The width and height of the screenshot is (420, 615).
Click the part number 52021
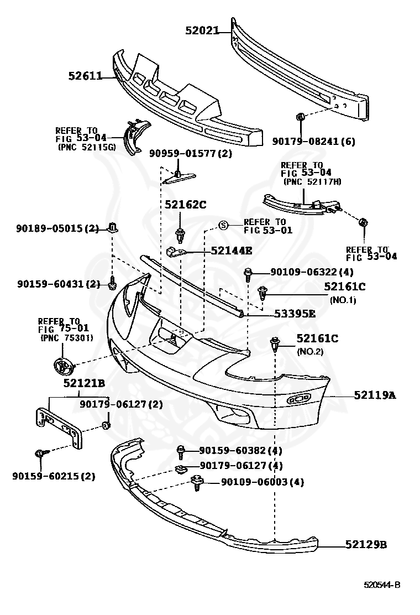coord(202,30)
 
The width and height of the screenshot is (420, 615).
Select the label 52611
coord(85,76)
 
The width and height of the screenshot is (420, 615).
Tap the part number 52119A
coord(375,395)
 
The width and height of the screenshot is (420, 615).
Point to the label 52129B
coord(366,544)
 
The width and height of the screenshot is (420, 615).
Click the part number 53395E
coord(295,314)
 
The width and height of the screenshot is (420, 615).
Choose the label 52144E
coord(232,250)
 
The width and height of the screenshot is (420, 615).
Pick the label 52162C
coord(185,204)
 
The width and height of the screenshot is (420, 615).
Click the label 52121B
coord(84,383)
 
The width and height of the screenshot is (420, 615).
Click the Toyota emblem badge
coord(63,367)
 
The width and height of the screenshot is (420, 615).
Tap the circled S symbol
coord(223,225)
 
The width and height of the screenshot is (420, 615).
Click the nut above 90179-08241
coord(301,117)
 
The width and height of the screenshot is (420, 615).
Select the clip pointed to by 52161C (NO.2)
coord(275,343)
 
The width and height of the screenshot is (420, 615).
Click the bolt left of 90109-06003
coord(197,482)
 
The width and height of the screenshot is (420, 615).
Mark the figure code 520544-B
coord(382,585)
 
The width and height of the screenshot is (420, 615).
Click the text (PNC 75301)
coord(67,338)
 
